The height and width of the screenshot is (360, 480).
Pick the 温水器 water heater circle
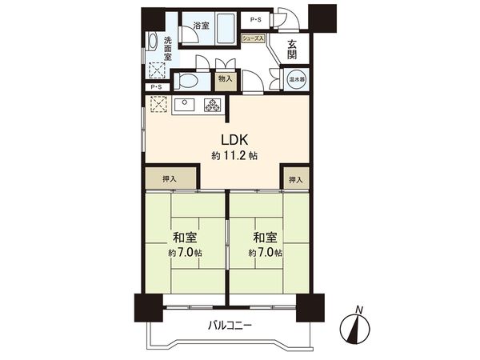click(x=296, y=80)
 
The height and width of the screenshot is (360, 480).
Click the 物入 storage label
click(x=225, y=79)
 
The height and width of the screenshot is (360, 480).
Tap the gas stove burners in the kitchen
click(x=213, y=105)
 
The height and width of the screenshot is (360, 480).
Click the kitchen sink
click(x=182, y=104)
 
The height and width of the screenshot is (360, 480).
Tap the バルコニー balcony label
click(x=230, y=326)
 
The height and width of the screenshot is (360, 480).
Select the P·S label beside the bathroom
click(x=256, y=19)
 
